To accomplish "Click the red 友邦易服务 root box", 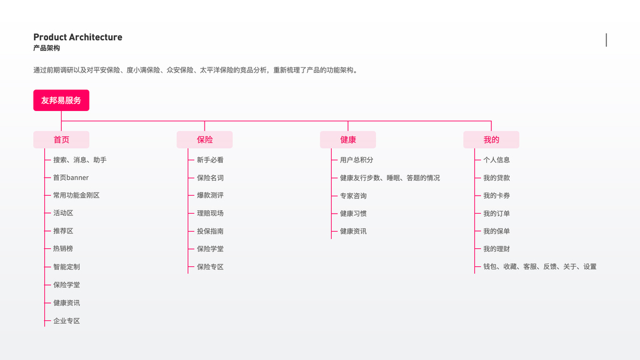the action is click(x=61, y=100).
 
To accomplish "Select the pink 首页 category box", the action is click(x=61, y=140).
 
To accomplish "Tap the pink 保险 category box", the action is click(x=205, y=140).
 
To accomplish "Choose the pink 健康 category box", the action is click(x=348, y=140).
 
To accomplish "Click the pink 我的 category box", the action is click(x=491, y=140).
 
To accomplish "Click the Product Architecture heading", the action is click(x=78, y=37).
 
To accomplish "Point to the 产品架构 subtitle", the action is click(x=47, y=48).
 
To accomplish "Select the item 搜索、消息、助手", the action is click(x=80, y=160).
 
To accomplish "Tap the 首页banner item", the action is click(x=71, y=178).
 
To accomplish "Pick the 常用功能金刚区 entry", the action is click(x=76, y=196).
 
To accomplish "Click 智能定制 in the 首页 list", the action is click(x=67, y=267).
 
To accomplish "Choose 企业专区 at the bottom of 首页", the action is click(x=67, y=321).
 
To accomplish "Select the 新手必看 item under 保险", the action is click(x=210, y=160).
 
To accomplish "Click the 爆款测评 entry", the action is click(x=210, y=196).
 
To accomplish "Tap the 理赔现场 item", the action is click(x=210, y=213).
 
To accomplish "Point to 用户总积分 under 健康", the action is click(x=356, y=160).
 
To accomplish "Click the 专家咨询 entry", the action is click(x=353, y=196).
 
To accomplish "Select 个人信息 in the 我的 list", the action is click(x=497, y=160).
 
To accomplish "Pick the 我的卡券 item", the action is click(x=497, y=196).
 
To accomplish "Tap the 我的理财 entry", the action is click(x=497, y=249).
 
